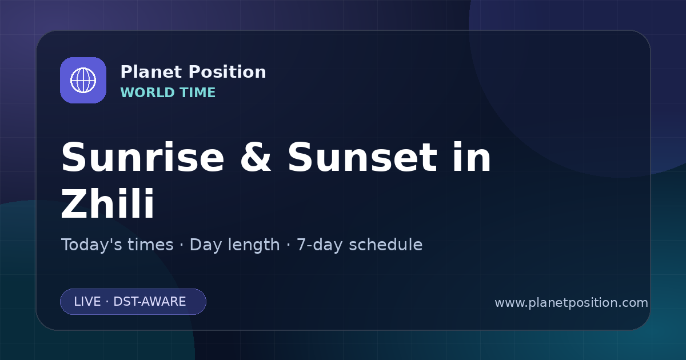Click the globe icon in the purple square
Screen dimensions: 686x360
point(83,80)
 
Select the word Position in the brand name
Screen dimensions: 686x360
point(228,72)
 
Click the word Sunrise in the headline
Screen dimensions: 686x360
point(143,158)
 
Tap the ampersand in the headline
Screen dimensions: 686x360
point(256,158)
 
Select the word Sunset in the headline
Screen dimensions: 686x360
point(362,158)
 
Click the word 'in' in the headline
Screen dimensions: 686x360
point(472,157)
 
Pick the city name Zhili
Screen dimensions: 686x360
point(107,203)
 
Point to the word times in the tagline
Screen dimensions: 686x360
point(150,245)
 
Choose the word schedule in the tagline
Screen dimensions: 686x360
point(385,245)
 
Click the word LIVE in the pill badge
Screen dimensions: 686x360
point(87,302)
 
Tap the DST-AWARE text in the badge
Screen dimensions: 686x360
point(149,302)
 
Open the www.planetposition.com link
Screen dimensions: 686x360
point(572,303)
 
